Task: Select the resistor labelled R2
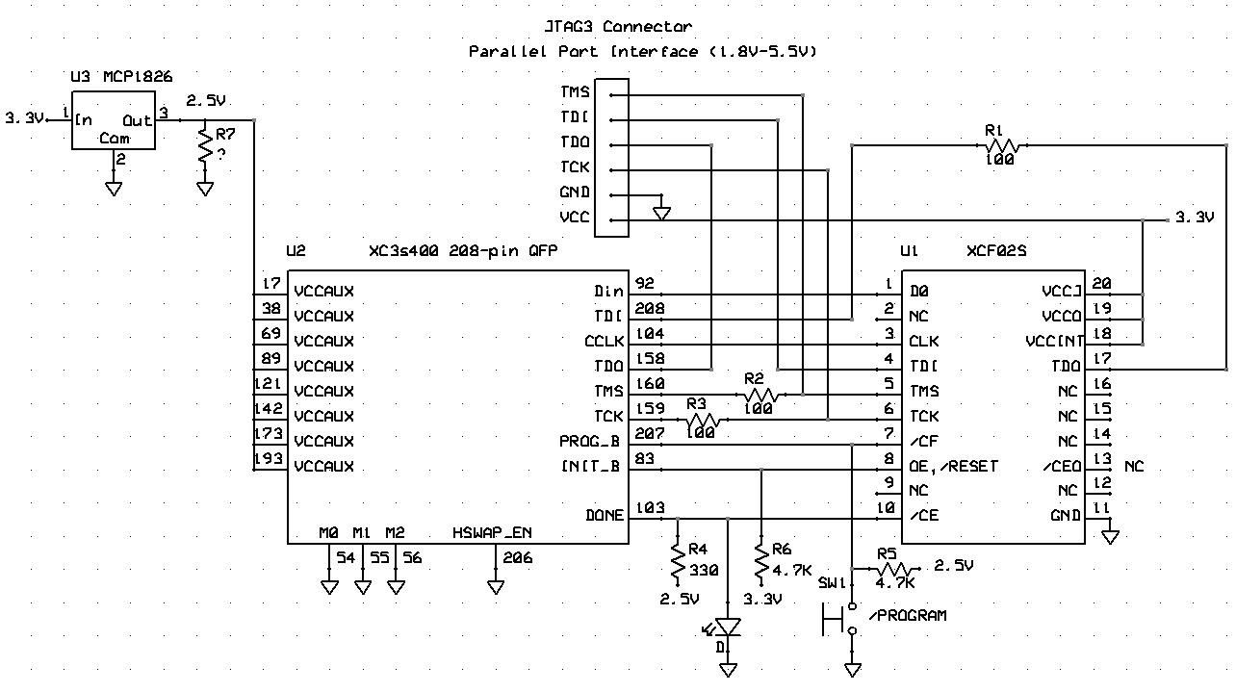[x=760, y=394]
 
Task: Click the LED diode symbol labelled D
[x=729, y=628]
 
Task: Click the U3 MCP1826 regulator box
[x=114, y=122]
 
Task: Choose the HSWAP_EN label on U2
[x=492, y=532]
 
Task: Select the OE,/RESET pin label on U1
[x=953, y=466]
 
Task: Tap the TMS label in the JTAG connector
[x=575, y=93]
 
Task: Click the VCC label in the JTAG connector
[x=575, y=217]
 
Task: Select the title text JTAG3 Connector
[x=618, y=27]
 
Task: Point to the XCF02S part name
[x=996, y=250]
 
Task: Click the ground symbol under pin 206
[x=496, y=586]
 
